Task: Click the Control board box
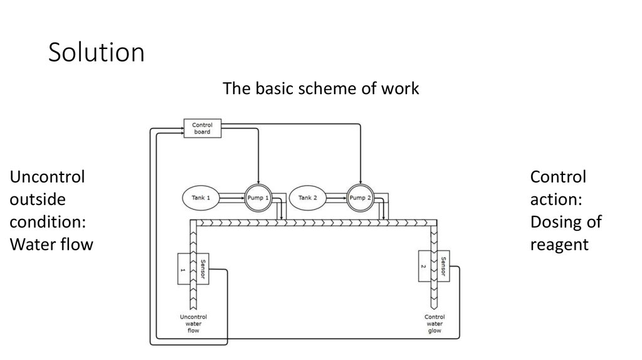pos(202,129)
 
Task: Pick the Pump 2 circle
pos(360,198)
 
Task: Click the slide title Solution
pos(96,53)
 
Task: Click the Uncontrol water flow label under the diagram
pos(193,324)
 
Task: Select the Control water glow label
pos(434,324)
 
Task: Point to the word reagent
pos(559,245)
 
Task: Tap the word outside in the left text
pos(37,199)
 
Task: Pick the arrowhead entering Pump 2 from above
pos(360,182)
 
